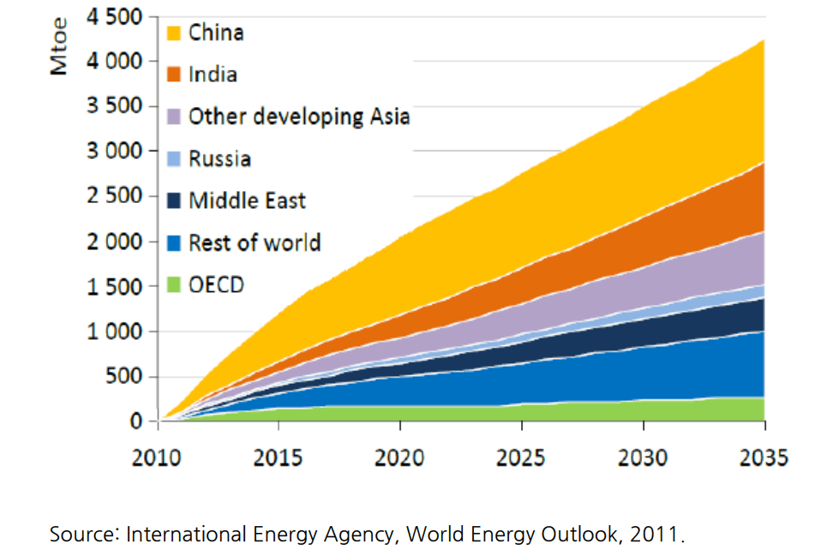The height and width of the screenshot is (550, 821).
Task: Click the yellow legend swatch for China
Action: click(x=174, y=33)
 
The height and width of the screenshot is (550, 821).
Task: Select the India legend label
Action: click(x=213, y=75)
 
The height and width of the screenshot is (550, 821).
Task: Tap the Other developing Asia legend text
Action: click(x=299, y=117)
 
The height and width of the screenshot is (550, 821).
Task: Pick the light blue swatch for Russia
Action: click(x=174, y=158)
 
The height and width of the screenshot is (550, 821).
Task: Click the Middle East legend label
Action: click(x=247, y=200)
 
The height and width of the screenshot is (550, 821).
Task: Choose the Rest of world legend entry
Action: click(x=255, y=242)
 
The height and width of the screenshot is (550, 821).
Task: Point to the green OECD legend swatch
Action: click(x=174, y=284)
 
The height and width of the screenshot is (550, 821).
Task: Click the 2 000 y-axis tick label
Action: click(x=116, y=242)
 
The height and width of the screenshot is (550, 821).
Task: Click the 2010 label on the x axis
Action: click(x=157, y=457)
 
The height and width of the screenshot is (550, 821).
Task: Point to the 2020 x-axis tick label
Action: click(x=399, y=457)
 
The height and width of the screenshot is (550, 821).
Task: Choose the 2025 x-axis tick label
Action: click(x=521, y=457)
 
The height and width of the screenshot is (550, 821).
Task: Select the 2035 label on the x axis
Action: click(x=764, y=457)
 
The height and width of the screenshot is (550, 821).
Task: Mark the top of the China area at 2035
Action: click(x=764, y=40)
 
